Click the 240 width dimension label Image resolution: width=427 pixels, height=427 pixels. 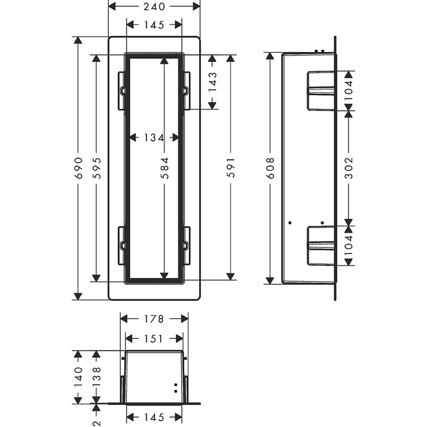click(x=154, y=6)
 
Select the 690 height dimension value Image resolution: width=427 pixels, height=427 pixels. click(x=78, y=168)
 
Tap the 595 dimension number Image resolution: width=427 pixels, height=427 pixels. click(x=97, y=168)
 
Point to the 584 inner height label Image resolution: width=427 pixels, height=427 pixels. click(x=164, y=168)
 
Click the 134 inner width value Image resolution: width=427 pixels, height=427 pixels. click(x=154, y=138)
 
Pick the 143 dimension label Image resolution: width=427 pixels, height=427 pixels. click(x=212, y=82)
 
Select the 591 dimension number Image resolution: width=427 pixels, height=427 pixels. click(x=231, y=168)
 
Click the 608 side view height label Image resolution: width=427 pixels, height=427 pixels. click(x=270, y=168)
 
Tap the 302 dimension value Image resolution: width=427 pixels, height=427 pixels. click(x=349, y=168)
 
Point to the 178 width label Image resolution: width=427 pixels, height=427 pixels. click(x=154, y=319)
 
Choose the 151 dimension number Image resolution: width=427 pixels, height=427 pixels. click(x=154, y=339)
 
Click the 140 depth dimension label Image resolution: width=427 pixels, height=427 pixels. click(x=78, y=377)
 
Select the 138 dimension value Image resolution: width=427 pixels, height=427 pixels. click(x=97, y=377)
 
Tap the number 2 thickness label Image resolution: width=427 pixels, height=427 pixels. click(x=97, y=423)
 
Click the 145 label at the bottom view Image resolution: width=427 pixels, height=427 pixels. click(x=154, y=417)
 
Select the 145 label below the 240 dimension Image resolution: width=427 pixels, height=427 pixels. click(x=154, y=25)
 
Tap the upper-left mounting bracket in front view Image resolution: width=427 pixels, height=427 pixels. click(x=122, y=91)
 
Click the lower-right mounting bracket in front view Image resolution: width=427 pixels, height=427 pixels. click(x=187, y=246)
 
